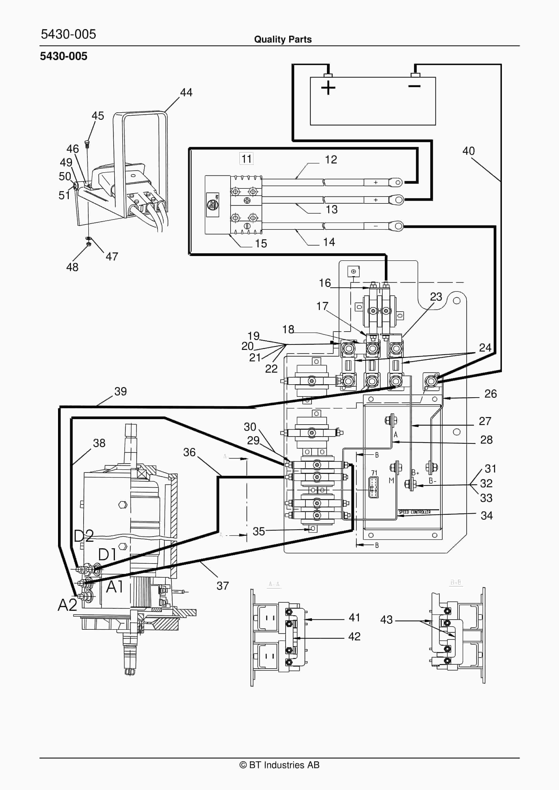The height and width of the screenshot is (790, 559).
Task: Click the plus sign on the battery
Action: pyautogui.click(x=328, y=88)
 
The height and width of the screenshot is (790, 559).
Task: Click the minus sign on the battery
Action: pyautogui.click(x=414, y=86)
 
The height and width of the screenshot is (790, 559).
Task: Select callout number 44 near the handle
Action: pyautogui.click(x=186, y=92)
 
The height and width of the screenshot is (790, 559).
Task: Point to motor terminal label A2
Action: pyautogui.click(x=67, y=604)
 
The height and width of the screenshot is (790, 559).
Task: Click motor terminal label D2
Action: pyautogui.click(x=84, y=536)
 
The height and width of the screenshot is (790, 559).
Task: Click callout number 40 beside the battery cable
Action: pyautogui.click(x=469, y=151)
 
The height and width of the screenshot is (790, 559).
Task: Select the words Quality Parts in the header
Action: pyautogui.click(x=283, y=39)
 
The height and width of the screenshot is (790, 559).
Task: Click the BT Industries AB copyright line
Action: pyautogui.click(x=279, y=765)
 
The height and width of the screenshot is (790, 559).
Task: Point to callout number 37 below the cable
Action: pyautogui.click(x=223, y=586)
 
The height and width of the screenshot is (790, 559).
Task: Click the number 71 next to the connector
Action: pyautogui.click(x=374, y=473)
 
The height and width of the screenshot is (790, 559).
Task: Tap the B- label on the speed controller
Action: pyautogui.click(x=433, y=481)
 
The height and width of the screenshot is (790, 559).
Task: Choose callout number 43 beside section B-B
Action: pyautogui.click(x=386, y=620)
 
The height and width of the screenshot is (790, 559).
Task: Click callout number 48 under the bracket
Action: pyautogui.click(x=72, y=267)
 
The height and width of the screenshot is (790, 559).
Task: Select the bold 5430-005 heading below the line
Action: pyautogui.click(x=64, y=56)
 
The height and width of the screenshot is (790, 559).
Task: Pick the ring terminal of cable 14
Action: pyautogui.click(x=396, y=226)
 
